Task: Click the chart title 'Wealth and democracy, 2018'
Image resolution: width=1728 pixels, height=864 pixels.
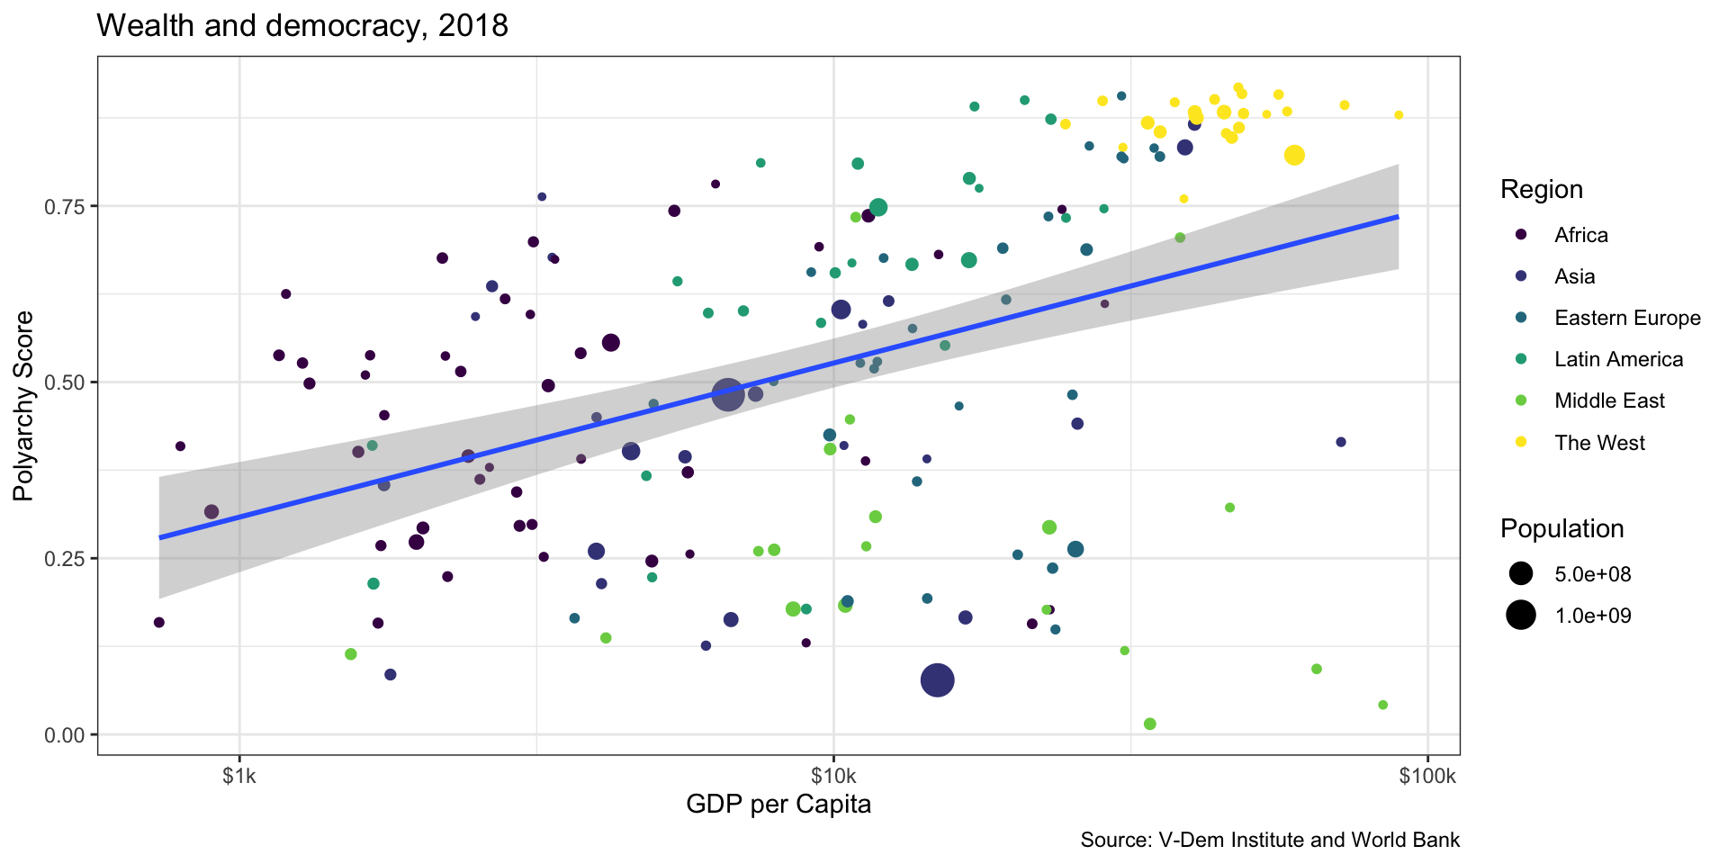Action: (301, 25)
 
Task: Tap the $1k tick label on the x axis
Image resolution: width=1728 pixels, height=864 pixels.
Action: (238, 776)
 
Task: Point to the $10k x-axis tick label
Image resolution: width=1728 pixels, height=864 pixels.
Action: (832, 776)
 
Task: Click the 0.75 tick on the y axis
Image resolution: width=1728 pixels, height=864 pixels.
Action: (64, 206)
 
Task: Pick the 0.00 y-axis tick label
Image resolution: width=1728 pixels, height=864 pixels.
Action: (64, 734)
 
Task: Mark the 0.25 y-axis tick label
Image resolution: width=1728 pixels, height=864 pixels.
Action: (64, 558)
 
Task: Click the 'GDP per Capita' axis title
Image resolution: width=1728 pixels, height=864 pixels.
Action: (778, 804)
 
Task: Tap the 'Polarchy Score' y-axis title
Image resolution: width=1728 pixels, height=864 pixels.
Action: (24, 406)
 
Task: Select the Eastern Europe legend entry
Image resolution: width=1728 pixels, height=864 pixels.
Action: (1627, 318)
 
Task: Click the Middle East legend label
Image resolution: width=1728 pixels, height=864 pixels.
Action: (1609, 400)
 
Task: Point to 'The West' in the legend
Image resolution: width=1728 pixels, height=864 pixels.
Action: (1599, 443)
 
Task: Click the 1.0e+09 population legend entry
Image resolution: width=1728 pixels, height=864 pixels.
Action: (1592, 616)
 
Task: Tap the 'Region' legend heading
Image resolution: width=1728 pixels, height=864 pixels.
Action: (1541, 190)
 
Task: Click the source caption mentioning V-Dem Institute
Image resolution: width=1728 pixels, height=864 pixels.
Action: (1269, 841)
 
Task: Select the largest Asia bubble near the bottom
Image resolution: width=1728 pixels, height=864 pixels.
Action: (938, 680)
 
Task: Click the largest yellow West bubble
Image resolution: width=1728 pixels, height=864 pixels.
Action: (1294, 155)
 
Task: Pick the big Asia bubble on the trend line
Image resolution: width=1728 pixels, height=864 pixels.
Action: (728, 393)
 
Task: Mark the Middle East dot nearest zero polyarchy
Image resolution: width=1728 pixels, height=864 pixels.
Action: (1149, 724)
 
